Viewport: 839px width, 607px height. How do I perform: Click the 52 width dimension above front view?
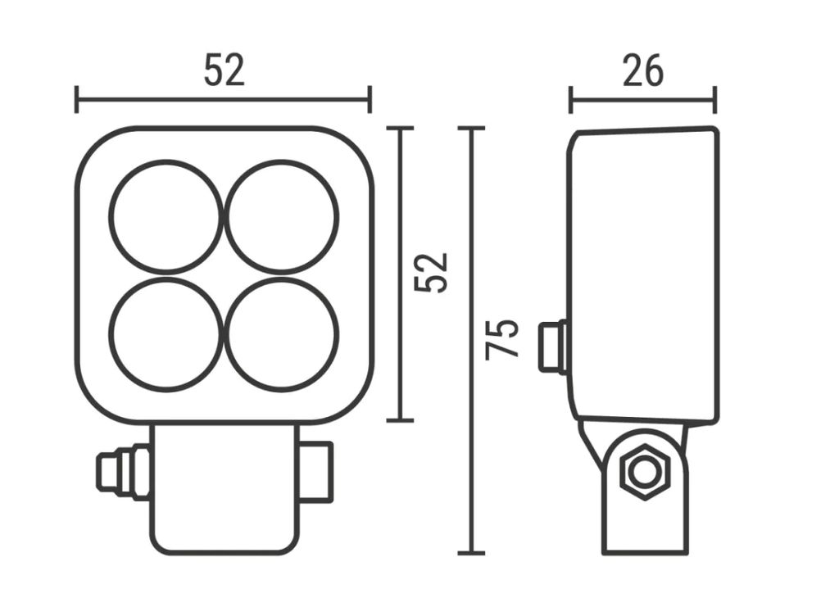pyautogui.click(x=224, y=70)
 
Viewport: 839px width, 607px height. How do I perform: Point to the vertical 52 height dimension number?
pyautogui.click(x=431, y=272)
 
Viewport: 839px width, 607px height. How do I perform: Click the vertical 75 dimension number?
pyautogui.click(x=502, y=339)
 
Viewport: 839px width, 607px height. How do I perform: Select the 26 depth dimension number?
pyautogui.click(x=642, y=70)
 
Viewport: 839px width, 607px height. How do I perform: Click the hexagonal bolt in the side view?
pyautogui.click(x=646, y=472)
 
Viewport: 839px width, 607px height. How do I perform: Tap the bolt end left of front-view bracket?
pyautogui.click(x=123, y=472)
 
